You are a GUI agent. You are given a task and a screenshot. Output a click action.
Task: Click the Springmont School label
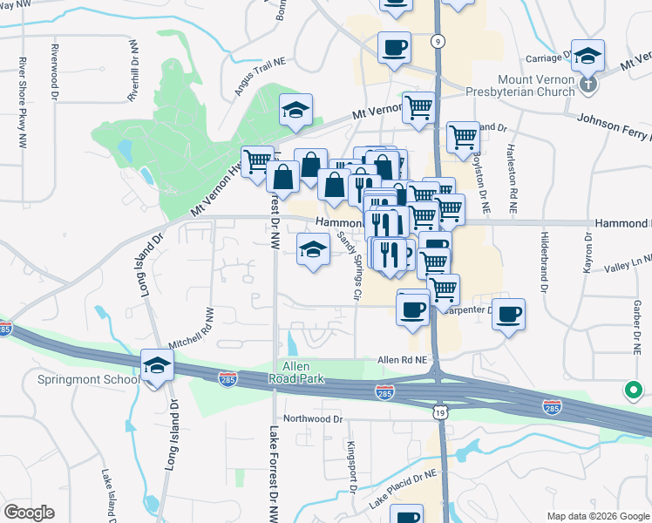[88, 380]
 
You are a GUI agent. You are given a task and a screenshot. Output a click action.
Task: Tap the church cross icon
[588, 84]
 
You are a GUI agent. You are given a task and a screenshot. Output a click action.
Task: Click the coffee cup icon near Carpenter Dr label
[508, 314]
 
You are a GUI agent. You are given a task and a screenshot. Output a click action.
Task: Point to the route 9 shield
[438, 40]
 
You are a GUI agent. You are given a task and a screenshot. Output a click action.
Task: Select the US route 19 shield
[437, 411]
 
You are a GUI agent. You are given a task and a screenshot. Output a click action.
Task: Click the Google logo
[30, 513]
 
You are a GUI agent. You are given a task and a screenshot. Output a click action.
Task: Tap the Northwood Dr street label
[313, 419]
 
